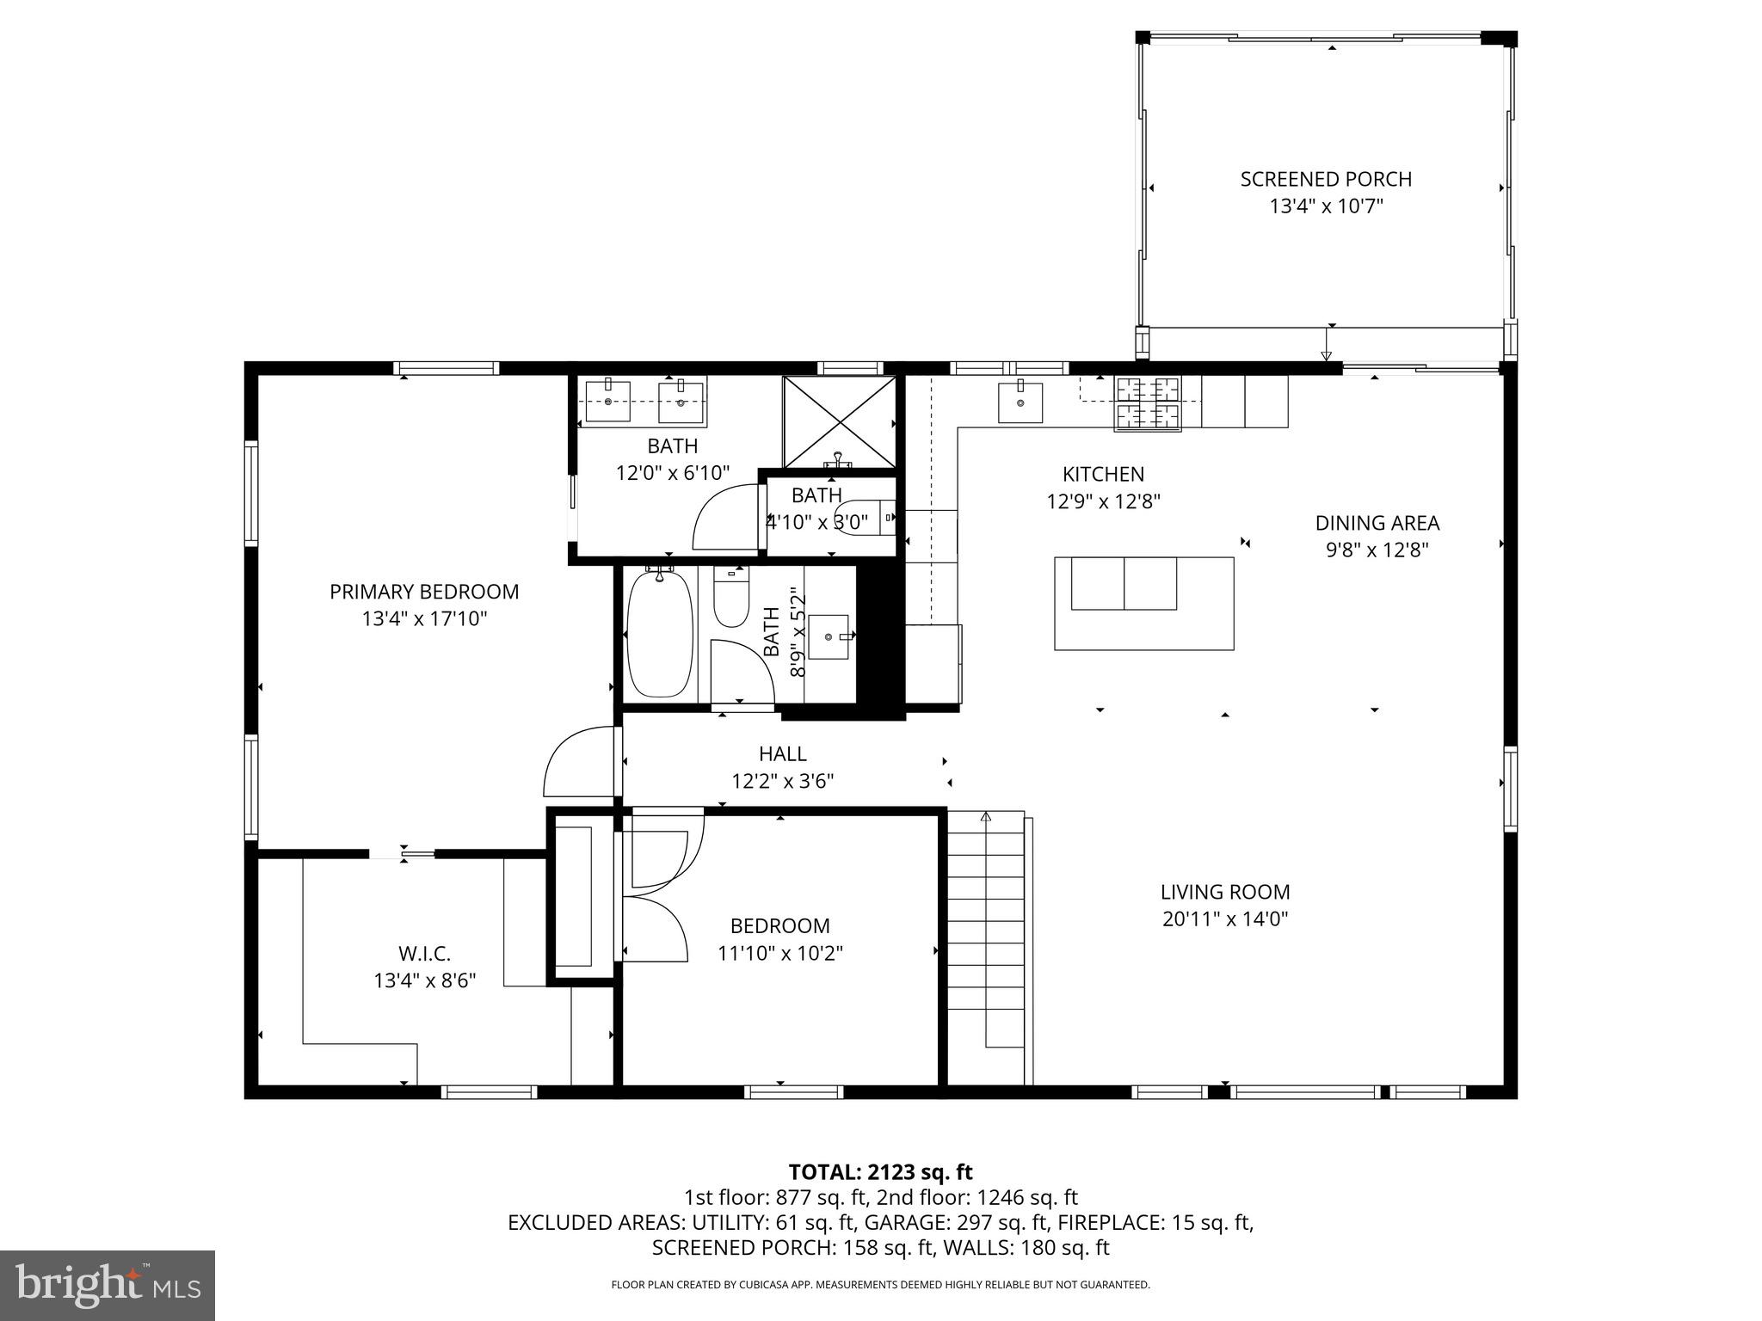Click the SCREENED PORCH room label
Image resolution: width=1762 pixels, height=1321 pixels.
point(1326,180)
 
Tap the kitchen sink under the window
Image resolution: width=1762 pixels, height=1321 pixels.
point(1020,402)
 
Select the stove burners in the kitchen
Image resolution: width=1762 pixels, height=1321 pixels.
point(1148,402)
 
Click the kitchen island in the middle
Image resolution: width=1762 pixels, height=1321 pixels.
point(1144,603)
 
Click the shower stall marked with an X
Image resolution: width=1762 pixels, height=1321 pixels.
point(839,421)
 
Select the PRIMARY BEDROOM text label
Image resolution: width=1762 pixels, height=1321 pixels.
point(424,592)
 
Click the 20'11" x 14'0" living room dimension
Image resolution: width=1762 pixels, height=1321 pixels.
point(1225,919)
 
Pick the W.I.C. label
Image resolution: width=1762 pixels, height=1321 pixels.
point(424,954)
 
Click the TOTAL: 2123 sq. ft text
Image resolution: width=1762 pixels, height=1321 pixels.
point(880,1172)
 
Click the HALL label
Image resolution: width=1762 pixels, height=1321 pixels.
point(782,754)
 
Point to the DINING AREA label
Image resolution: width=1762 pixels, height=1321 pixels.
point(1377,523)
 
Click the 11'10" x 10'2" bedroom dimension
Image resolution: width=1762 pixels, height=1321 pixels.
point(780,954)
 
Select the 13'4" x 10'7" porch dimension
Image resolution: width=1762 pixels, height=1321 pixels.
point(1326,206)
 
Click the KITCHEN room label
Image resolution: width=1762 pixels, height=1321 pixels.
point(1103,474)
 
